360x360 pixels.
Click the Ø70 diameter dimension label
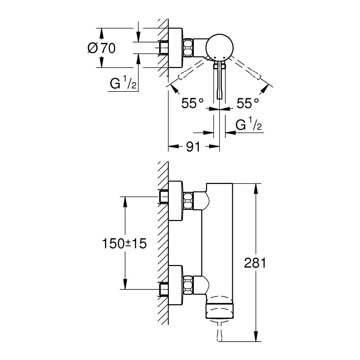pyautogui.click(x=101, y=48)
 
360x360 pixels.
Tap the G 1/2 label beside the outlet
pyautogui.click(x=248, y=125)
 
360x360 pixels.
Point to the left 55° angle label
pyautogui.click(x=193, y=104)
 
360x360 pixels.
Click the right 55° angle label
pyautogui.click(x=248, y=104)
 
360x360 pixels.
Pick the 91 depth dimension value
pyautogui.click(x=194, y=147)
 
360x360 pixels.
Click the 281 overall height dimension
pyautogui.click(x=255, y=263)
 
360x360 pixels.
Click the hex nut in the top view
pyautogui.click(x=189, y=48)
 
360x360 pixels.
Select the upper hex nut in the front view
pyautogui.click(x=188, y=201)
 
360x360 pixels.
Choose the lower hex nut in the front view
pyautogui.click(x=188, y=285)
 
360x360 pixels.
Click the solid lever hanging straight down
pyautogui.click(x=219, y=81)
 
